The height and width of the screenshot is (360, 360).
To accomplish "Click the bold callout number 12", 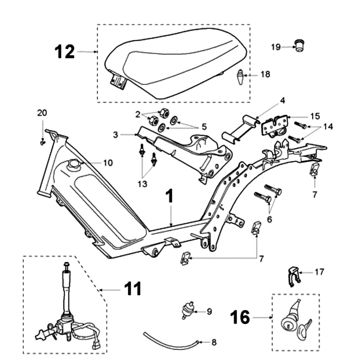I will [x=64, y=52].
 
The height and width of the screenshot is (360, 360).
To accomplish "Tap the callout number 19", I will [x=276, y=46].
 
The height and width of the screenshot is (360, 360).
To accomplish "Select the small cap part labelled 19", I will [x=298, y=45].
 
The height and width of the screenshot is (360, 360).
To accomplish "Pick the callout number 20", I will [x=41, y=112].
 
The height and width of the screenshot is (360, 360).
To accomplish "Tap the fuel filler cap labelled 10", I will [x=73, y=165].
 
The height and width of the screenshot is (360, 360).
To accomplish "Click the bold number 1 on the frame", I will [x=169, y=196].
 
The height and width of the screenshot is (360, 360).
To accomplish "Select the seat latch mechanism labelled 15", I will [x=274, y=126].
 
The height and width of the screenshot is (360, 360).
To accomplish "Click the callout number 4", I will [x=283, y=100].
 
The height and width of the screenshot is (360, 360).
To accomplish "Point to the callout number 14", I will [x=328, y=127].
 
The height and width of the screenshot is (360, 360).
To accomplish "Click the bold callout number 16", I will [x=241, y=317].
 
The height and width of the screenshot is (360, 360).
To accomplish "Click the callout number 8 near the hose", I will [x=214, y=342].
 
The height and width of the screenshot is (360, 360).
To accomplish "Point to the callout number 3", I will [x=116, y=135].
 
